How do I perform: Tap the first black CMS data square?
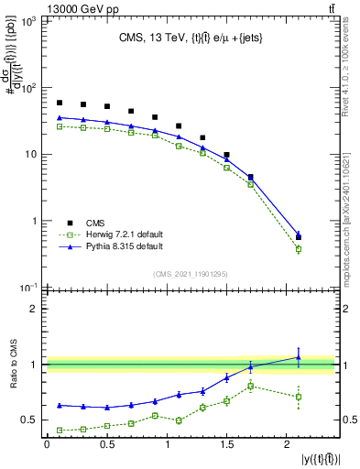(60, 103)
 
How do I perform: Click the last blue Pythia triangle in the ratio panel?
(298, 357)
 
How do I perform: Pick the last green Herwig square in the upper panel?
(298, 249)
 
